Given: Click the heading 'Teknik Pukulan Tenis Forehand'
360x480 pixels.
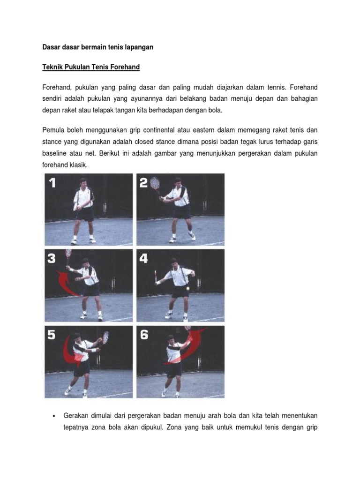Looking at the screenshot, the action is point(91,67).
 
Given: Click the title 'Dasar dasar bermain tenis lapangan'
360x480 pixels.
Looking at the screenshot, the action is point(97,47).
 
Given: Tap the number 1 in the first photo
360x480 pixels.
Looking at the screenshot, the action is point(52,183).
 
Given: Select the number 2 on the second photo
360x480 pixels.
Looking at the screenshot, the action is point(143,183).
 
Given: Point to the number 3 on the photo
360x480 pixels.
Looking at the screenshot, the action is point(52,259).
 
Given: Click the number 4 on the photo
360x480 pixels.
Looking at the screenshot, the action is point(143,259).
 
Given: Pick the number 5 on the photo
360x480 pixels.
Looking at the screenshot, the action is point(52,335).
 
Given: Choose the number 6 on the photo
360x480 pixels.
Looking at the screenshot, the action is point(144,335).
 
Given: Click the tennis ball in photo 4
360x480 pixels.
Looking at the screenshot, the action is point(187,288).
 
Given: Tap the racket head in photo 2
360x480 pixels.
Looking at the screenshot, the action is point(155,183).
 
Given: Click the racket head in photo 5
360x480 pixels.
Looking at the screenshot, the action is point(105,337).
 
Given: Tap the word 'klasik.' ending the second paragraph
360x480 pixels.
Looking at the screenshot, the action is point(79,165).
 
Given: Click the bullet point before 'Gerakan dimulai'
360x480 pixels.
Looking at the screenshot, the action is point(54,416).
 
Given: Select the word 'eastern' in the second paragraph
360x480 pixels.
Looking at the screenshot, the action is point(203,130).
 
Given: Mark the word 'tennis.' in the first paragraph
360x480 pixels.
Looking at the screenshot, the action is point(277,88).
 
